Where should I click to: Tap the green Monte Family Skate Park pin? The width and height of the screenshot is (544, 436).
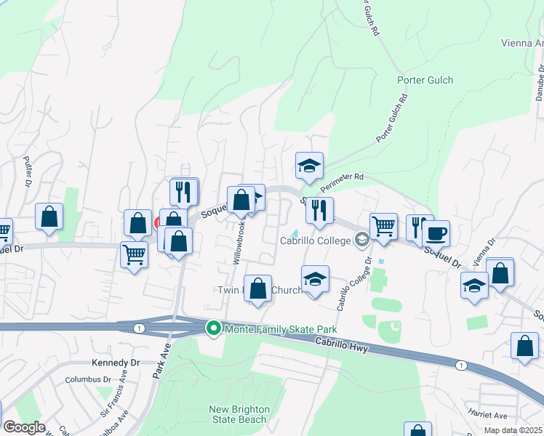point(213,329)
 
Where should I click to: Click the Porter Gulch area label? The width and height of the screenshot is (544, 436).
point(425,80)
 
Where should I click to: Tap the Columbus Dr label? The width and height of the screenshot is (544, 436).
point(87,379)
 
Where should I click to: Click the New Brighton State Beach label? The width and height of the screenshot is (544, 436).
point(239,414)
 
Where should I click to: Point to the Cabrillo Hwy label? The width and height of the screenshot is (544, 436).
point(342,346)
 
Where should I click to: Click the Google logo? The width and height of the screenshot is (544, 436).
point(23,427)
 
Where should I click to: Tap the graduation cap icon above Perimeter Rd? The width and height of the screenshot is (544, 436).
point(309,166)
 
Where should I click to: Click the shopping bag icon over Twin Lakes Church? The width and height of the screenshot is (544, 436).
point(257,288)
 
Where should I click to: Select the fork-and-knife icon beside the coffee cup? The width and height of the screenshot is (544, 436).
point(420,228)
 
